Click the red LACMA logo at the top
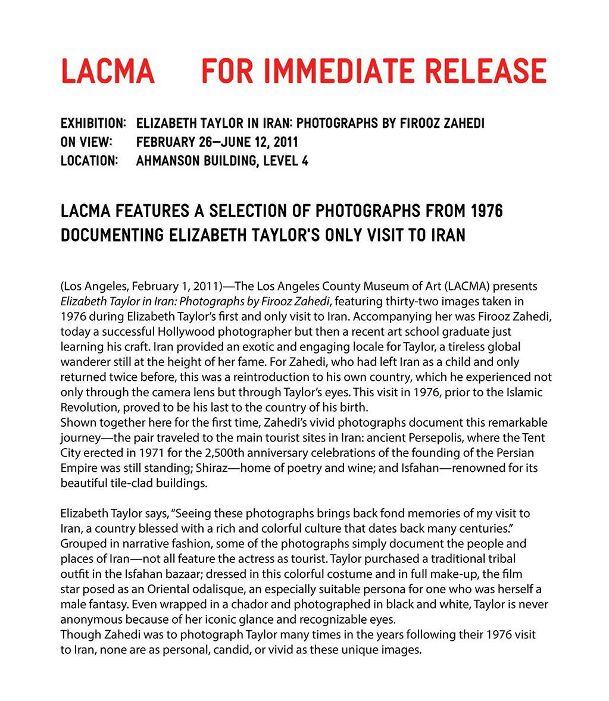[107, 70]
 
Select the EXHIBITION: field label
[93, 124]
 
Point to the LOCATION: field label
[89, 161]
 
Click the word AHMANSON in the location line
[169, 161]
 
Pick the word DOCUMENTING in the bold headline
[111, 235]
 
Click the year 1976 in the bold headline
[486, 211]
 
